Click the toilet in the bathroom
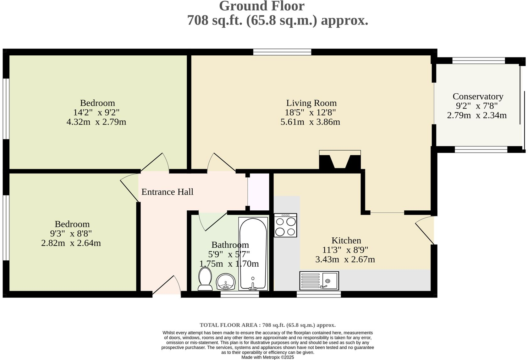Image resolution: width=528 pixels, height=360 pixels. [205, 279]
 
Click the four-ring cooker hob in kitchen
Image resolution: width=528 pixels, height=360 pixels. [285, 225]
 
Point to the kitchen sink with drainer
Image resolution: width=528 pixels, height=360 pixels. [319, 280]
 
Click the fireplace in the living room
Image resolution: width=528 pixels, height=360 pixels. [340, 161]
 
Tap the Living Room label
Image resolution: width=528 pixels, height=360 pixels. [311, 103]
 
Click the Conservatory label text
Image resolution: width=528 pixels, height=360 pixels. [478, 96]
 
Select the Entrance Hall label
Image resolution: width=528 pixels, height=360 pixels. [167, 192]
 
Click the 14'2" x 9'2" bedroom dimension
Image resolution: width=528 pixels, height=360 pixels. [96, 112]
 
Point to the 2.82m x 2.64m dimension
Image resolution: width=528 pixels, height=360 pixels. [71, 243]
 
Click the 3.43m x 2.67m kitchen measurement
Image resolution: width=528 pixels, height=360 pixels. [345, 259]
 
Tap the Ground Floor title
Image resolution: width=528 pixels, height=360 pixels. [261, 6]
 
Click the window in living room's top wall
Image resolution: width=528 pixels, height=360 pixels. [282, 52]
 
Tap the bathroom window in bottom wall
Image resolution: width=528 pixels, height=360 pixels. [239, 294]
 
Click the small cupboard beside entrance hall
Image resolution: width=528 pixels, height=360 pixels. [259, 191]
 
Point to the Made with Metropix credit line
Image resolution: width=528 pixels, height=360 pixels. [267, 357]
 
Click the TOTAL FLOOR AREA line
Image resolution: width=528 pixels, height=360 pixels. [267, 325]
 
